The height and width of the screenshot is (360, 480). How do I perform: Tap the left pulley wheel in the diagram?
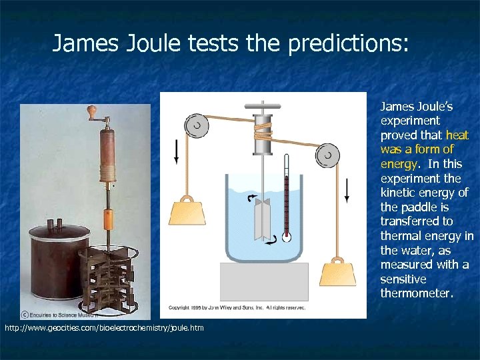click(x=196, y=125)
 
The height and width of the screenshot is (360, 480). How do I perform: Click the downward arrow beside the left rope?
click(x=176, y=151)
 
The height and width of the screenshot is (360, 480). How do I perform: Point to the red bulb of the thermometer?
click(x=287, y=236)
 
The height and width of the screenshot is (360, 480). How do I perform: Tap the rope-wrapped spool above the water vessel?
click(x=263, y=134)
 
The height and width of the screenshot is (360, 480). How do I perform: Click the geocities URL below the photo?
click(x=104, y=328)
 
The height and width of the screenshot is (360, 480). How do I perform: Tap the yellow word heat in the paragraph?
click(x=457, y=135)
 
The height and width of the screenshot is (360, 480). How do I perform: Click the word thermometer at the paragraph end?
click(x=416, y=293)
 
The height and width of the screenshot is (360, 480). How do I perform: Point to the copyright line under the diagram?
click(x=237, y=307)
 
